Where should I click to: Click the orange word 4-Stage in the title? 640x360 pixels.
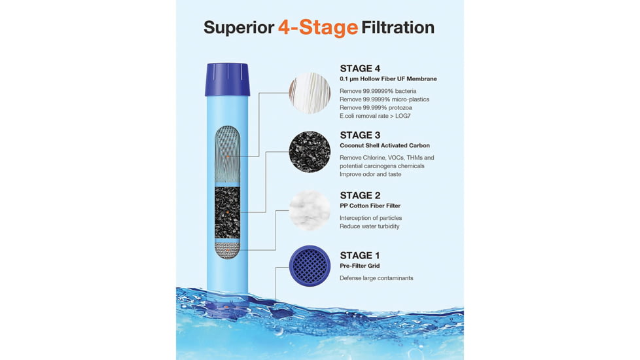(318, 27)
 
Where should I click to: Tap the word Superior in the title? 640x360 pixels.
(239, 27)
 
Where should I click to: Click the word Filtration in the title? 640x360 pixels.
(398, 27)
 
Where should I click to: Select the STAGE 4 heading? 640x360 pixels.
(360, 68)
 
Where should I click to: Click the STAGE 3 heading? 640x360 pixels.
(360, 135)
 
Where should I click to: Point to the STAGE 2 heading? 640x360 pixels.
(360, 196)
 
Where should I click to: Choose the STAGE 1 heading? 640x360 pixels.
(360, 255)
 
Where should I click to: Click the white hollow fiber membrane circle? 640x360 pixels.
(310, 93)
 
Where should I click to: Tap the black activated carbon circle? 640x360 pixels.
(310, 152)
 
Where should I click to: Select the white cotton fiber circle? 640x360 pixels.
(310, 210)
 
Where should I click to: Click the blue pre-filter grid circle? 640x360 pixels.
(310, 266)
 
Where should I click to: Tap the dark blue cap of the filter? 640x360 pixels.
(227, 79)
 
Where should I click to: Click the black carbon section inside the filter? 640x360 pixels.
(227, 213)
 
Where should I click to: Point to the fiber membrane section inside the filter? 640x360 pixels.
(227, 155)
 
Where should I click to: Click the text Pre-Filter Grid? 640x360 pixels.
(360, 266)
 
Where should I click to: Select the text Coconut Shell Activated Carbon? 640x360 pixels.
(385, 145)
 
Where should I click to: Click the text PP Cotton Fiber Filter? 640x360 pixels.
(370, 206)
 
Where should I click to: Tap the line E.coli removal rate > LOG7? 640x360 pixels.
(375, 116)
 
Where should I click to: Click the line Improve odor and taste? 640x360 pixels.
(370, 174)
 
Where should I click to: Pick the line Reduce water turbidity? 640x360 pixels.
(369, 226)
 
